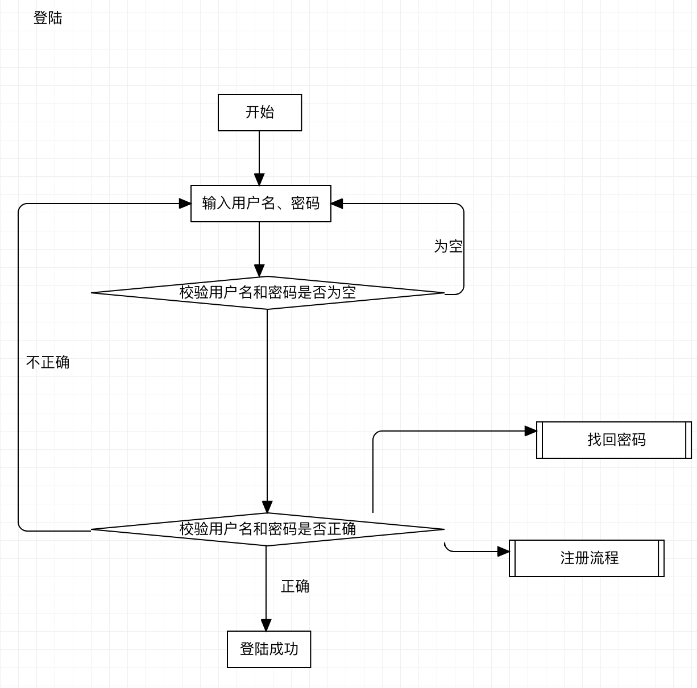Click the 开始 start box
pos(260,113)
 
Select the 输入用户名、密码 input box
pos(260,204)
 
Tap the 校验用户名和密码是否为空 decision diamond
pos(267,293)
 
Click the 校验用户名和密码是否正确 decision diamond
pos(267,529)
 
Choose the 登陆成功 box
pos(269,649)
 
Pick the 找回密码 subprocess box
pos(616,440)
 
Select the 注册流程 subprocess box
pos(588,558)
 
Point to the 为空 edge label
pos(448,247)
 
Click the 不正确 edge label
pos(48,363)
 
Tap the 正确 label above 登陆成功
pos(295,587)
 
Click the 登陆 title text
pos(48,18)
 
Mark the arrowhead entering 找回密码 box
pos(531,431)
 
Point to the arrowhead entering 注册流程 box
pos(504,552)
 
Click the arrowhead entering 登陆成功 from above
pos(266,625)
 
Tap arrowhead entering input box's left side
pos(185,204)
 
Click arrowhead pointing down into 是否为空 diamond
pos(259,270)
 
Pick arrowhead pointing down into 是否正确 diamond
pos(267,507)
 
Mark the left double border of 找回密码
pos(540,440)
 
